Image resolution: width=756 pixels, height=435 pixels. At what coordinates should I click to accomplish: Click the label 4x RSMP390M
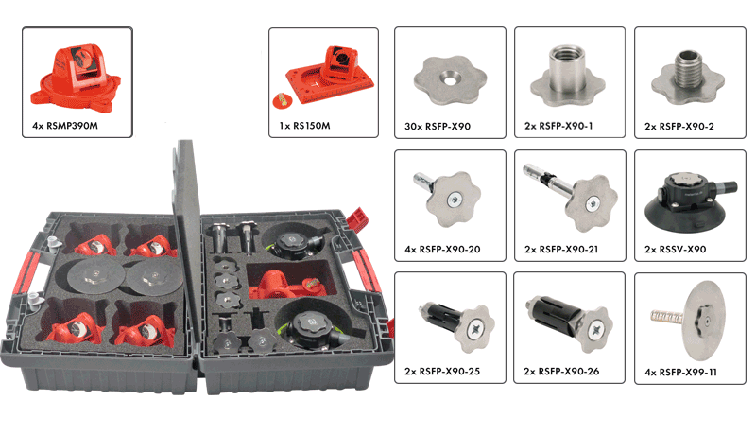tap(65, 126)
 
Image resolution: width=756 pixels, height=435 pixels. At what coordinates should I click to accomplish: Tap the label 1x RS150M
tap(304, 126)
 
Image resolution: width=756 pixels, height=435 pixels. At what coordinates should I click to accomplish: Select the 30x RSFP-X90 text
tap(438, 127)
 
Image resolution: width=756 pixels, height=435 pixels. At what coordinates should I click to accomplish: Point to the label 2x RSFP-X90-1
tap(558, 126)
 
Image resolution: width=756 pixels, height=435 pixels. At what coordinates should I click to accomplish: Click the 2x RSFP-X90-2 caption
tap(679, 127)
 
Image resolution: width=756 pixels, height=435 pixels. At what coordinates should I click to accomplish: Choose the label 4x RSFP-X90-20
tap(442, 250)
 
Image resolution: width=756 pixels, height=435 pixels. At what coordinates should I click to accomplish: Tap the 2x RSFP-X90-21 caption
tap(561, 250)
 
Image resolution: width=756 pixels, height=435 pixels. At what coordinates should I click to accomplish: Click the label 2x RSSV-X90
tap(675, 250)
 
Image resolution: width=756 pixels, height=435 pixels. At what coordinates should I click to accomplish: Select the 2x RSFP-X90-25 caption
tap(442, 372)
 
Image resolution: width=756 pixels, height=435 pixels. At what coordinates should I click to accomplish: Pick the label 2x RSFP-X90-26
tap(561, 372)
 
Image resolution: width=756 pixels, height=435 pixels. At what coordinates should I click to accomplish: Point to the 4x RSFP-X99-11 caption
tap(680, 373)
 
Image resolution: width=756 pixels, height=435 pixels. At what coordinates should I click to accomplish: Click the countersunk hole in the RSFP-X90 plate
tap(450, 79)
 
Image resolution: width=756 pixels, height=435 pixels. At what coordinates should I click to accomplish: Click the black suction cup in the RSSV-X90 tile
tap(679, 211)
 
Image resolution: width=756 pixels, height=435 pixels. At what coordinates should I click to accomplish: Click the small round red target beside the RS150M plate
tap(283, 100)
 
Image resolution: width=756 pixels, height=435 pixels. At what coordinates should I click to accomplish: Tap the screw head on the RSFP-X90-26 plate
tap(596, 330)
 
